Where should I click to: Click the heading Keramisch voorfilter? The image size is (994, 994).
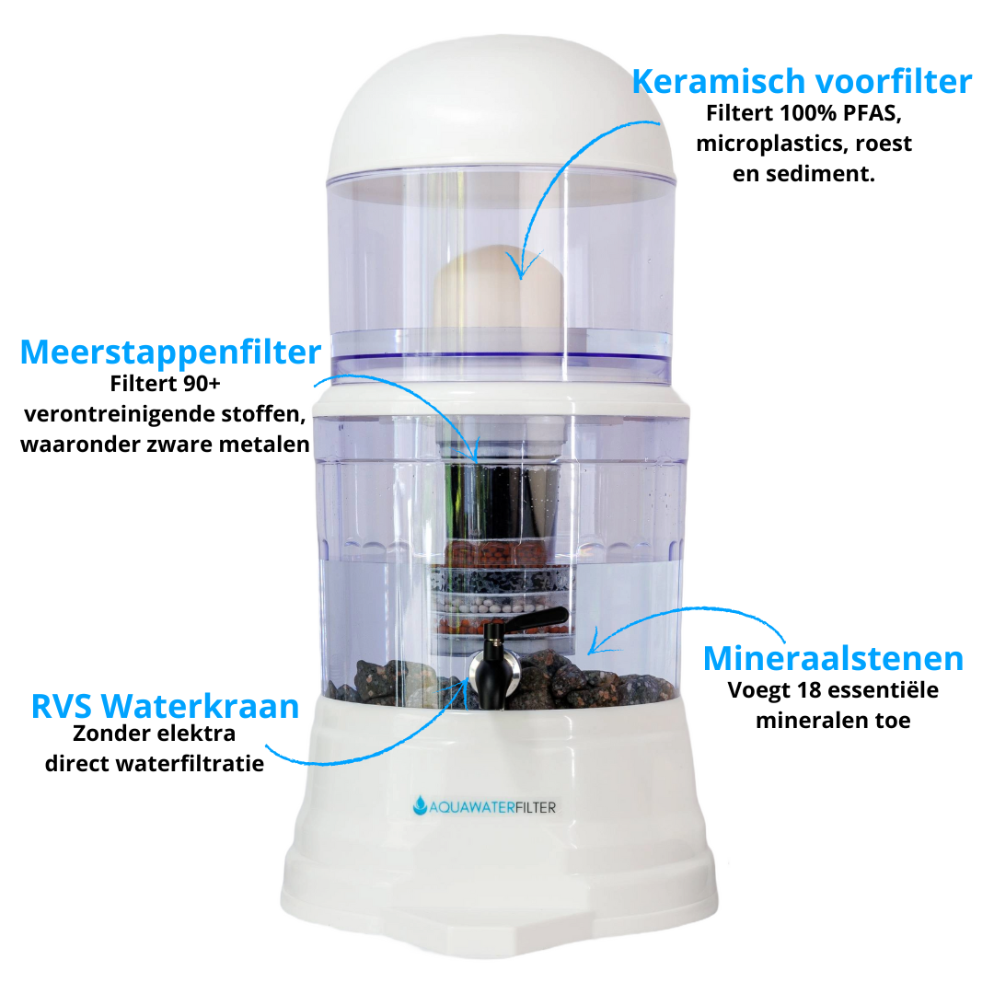(x=801, y=82)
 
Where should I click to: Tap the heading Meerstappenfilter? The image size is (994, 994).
(x=170, y=353)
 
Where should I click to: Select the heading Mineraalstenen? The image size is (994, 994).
(x=833, y=659)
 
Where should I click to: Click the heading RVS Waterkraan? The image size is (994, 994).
(x=165, y=706)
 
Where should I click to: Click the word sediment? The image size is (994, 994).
(x=816, y=174)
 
